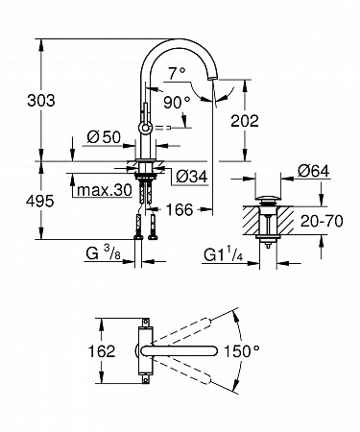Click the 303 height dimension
pos(41,101)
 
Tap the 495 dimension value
pos(40,202)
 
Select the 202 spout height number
pos(245,121)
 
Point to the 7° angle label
pos(177,74)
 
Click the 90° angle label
pos(177,103)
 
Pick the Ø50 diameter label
pos(104,137)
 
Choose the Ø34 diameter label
pos(192,177)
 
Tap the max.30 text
pos(105,190)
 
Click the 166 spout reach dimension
pos(180,210)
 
